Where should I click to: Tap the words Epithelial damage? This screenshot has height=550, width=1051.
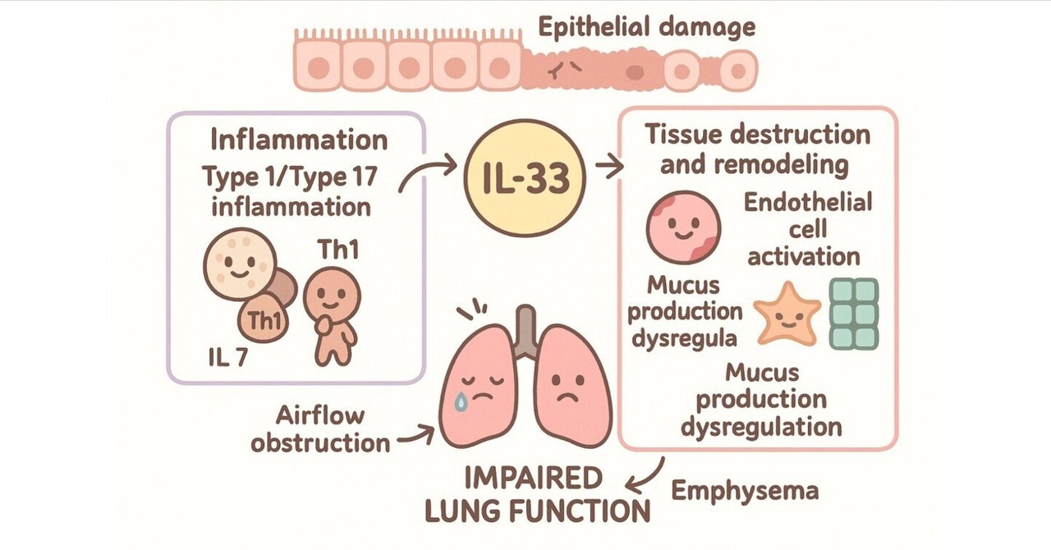pyautogui.click(x=645, y=28)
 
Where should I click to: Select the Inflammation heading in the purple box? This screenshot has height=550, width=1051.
pyautogui.click(x=299, y=140)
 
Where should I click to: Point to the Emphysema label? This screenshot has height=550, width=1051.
pyautogui.click(x=745, y=491)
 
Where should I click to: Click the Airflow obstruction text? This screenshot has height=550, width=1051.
pyautogui.click(x=321, y=429)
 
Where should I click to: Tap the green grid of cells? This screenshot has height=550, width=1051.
pyautogui.click(x=853, y=314)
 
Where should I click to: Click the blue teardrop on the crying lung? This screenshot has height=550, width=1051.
pyautogui.click(x=466, y=401)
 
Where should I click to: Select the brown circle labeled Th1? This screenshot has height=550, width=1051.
pyautogui.click(x=264, y=320)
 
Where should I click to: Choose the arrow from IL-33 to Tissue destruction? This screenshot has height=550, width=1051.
pyautogui.click(x=608, y=167)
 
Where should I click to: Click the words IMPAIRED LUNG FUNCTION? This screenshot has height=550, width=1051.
pyautogui.click(x=538, y=494)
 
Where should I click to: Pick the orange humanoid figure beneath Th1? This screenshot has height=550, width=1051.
pyautogui.click(x=332, y=315)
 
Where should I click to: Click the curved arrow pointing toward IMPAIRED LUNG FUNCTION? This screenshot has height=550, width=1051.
pyautogui.click(x=648, y=475)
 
